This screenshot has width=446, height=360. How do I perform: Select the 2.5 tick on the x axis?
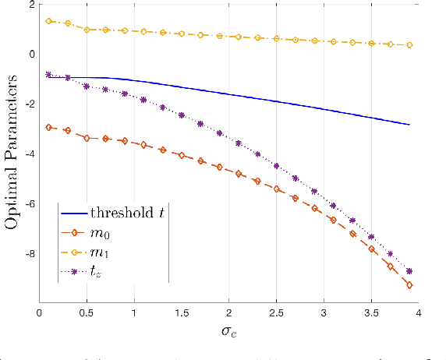pos(276,312)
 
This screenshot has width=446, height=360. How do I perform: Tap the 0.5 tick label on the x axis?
pos(87,312)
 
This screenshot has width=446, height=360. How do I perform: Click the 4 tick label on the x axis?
pos(418,312)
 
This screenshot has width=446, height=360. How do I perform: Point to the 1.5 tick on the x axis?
pos(181,312)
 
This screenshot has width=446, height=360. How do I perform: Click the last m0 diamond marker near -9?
pos(409,286)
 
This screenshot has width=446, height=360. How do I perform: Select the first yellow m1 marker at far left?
pos(49,21)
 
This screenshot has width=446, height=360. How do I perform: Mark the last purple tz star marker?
pos(409,271)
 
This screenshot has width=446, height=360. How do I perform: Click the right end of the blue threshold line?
pos(409,125)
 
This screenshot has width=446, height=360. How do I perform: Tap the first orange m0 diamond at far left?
pos(49,127)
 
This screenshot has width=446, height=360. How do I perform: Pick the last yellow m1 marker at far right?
pos(409,45)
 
